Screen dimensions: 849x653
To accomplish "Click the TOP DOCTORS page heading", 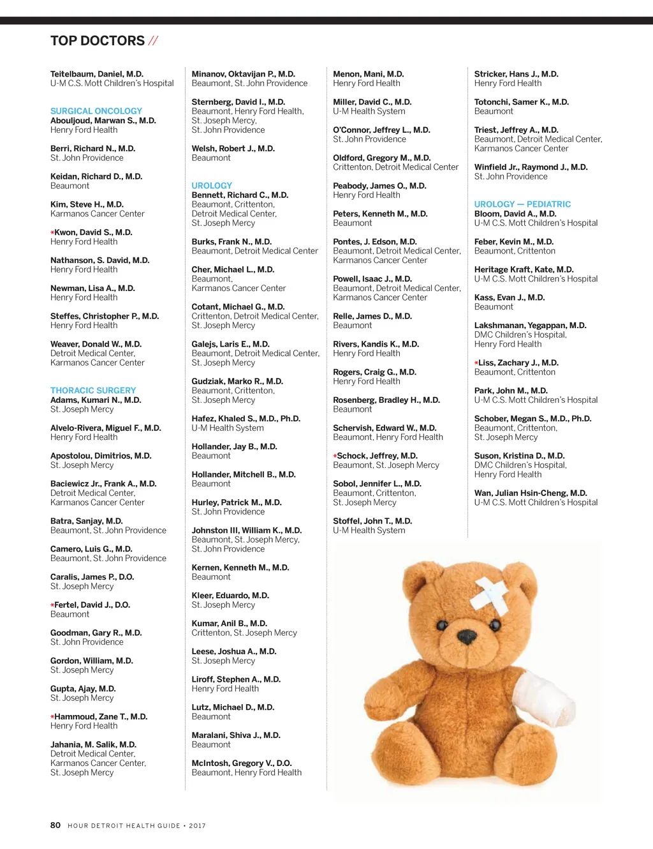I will tap(98, 41).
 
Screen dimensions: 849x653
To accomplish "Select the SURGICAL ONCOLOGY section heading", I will tap(96, 111).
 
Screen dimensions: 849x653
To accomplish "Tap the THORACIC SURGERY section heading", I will tap(93, 391).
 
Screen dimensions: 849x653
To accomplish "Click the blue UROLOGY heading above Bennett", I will tap(212, 186).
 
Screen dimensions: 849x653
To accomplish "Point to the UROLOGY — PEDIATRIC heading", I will tap(522, 204).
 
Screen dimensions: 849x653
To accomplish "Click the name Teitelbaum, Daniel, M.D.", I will tap(97, 74).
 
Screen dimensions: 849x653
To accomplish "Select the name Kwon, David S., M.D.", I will tap(93, 232).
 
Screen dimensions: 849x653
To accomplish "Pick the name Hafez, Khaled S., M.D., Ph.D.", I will tap(246, 419).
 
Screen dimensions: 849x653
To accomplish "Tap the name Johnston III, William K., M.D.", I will tap(247, 530).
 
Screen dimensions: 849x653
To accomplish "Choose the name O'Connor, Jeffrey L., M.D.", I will tap(381, 130).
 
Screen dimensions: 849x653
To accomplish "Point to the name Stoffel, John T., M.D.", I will tap(372, 522).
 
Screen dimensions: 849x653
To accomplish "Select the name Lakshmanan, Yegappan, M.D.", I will tap(530, 326).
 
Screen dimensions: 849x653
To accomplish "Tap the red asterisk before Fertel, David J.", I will tap(52, 605).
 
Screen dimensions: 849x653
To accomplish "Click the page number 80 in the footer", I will tap(55, 825).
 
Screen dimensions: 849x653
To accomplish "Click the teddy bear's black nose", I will tap(467, 636).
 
